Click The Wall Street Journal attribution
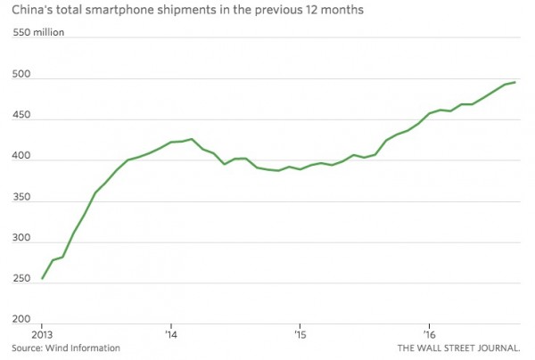462,348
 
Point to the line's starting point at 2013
42,279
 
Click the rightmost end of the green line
515,82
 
